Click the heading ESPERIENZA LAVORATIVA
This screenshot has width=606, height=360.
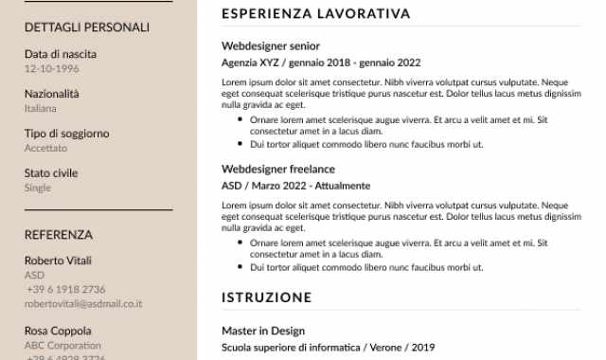coord(315,14)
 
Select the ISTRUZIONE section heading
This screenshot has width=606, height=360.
coord(266,297)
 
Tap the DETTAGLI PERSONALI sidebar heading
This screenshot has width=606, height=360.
coord(87,27)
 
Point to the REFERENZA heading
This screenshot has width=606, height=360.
coord(59,235)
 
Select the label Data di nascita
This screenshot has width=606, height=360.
coord(61,54)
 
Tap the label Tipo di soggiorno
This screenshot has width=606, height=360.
coord(66,134)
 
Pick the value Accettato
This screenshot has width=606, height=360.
coord(46,149)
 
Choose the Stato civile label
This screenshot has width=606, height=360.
coord(51,173)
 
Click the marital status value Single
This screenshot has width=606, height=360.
coord(38,189)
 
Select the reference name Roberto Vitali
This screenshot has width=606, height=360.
coord(58,261)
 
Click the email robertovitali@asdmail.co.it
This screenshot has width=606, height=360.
coord(83,304)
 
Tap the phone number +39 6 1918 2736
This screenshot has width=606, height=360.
coord(65,290)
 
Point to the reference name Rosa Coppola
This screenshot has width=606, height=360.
coord(58,331)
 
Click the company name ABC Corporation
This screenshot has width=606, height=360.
coord(62,346)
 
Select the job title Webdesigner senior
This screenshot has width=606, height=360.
coord(271,45)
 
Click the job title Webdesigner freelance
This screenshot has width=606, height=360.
coord(277,170)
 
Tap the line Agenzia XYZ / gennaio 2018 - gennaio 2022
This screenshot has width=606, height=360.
coord(320,63)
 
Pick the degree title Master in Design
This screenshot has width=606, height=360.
coord(263,331)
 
